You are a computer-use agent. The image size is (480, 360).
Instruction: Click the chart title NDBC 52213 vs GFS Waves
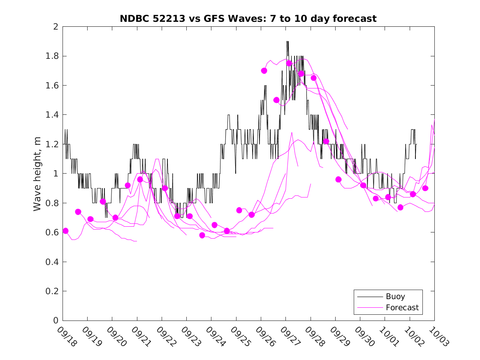click(x=248, y=19)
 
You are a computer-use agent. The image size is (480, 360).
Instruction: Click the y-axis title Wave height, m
click(x=37, y=174)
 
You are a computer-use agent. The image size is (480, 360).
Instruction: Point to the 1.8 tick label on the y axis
click(x=52, y=56)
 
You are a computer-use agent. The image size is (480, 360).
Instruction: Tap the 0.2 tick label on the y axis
click(x=52, y=291)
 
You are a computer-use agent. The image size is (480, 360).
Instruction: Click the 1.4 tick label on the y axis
click(x=52, y=115)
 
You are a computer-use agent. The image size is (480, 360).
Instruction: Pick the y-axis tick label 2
click(x=55, y=27)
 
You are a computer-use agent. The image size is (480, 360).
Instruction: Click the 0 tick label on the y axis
click(x=55, y=321)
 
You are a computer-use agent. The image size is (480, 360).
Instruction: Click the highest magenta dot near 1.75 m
click(x=289, y=63)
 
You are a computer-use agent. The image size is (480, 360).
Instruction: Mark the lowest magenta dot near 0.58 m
click(x=202, y=235)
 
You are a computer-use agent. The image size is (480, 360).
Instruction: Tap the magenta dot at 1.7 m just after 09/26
click(x=264, y=71)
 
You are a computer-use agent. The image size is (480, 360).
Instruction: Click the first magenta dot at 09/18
click(x=65, y=231)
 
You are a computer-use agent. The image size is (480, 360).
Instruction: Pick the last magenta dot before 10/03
click(x=425, y=188)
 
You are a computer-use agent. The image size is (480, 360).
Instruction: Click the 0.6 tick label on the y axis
click(x=52, y=232)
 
